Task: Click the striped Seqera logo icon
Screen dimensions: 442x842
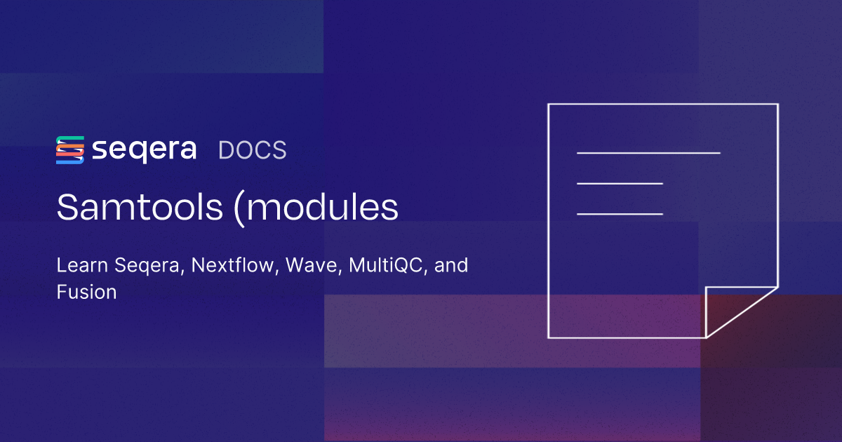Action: (70, 150)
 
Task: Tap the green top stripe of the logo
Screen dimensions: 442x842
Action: (70, 139)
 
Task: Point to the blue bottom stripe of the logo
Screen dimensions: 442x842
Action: (70, 161)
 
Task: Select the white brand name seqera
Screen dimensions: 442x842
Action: (144, 151)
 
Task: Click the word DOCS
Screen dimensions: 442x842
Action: (253, 151)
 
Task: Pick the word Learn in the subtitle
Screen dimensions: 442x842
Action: (78, 267)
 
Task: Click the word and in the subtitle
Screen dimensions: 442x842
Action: (452, 267)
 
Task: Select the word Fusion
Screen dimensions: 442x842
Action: (86, 293)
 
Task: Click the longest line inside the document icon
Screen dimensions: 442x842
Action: (648, 152)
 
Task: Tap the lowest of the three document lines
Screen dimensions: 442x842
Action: (620, 213)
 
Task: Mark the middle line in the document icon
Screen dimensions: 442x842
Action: (620, 183)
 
